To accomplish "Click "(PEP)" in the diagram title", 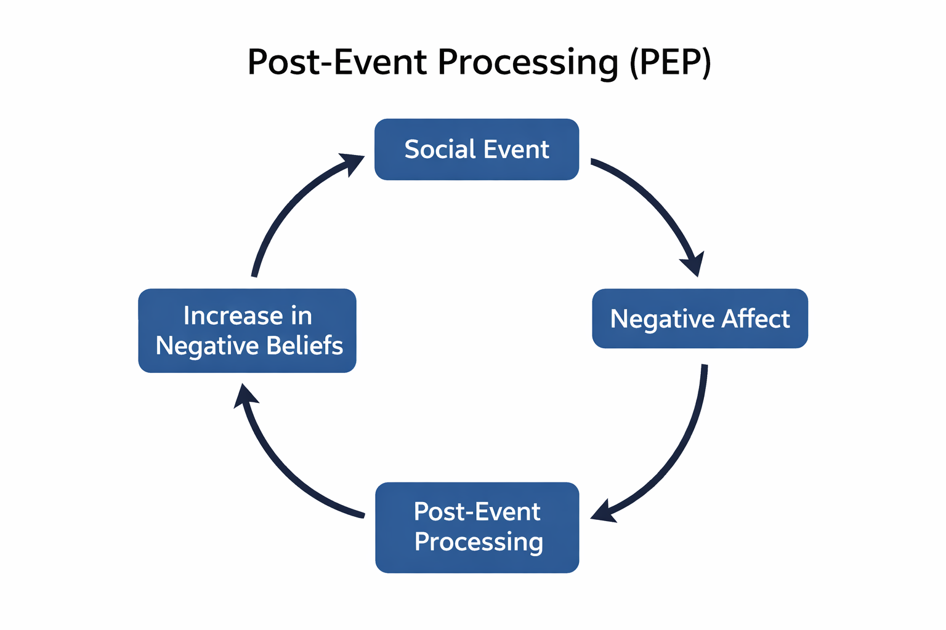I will coord(671,63).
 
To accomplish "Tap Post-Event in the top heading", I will coord(337,63).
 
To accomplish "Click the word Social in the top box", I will coord(440,150).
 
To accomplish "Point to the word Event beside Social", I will coord(516,150).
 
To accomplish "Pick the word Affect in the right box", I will coord(756,319).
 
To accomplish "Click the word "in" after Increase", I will coord(301,316).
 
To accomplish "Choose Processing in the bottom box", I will coord(479,542).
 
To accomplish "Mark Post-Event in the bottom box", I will coord(477,512).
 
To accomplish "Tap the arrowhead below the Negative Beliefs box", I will coord(245,397).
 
